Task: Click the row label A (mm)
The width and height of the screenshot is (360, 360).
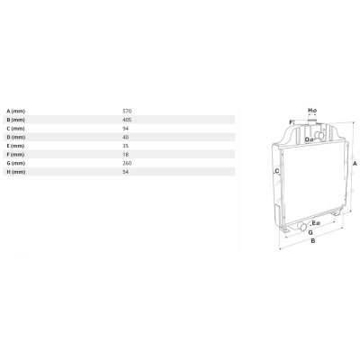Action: (16, 111)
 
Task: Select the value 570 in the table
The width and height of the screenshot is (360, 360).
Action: (127, 111)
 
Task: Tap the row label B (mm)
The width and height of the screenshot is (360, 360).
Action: (16, 120)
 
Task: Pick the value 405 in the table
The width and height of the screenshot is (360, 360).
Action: (127, 120)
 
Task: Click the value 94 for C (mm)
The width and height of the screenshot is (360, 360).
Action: (126, 129)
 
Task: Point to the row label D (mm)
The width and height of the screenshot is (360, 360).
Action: (16, 137)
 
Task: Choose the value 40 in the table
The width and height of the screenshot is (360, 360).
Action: (126, 137)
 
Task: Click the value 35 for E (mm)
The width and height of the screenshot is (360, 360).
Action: (126, 146)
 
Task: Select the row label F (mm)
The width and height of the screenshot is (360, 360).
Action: (16, 155)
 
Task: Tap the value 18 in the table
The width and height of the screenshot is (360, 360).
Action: (126, 155)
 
